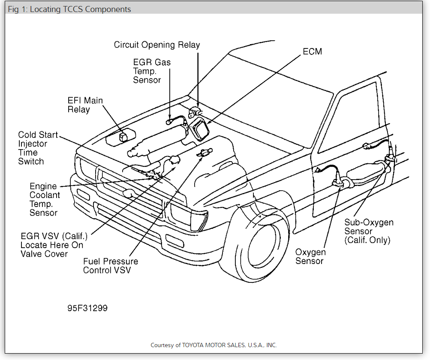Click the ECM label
click(312, 51)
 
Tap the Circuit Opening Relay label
click(157, 45)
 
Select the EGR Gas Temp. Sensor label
click(152, 71)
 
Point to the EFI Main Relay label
click(85, 105)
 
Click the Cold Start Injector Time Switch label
click(38, 148)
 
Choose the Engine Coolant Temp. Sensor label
click(45, 199)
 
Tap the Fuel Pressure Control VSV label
click(111, 266)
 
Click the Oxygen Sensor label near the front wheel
click(310, 256)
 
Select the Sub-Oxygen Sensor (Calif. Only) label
click(369, 231)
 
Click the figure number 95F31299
click(87, 308)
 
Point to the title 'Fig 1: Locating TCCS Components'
click(69, 9)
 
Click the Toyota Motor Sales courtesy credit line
click(213, 345)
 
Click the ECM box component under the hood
click(199, 129)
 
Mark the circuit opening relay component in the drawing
click(195, 112)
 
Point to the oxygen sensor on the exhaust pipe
click(337, 183)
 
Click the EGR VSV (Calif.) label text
click(52, 245)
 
